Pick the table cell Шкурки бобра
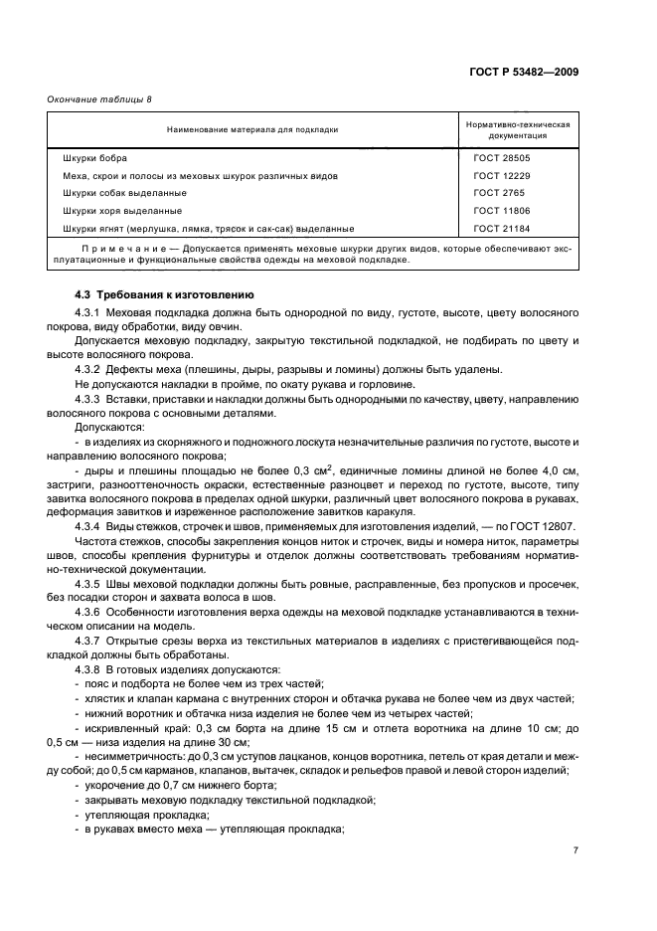click(x=94, y=157)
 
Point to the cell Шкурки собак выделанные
click(x=124, y=193)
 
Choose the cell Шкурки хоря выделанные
click(x=121, y=211)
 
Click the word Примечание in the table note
click(x=127, y=247)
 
